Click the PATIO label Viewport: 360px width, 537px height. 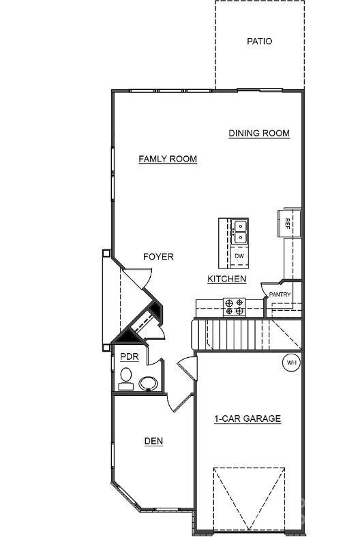259,42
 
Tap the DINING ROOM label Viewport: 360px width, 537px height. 259,134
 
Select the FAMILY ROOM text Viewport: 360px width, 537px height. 168,159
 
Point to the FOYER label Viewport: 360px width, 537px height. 158,257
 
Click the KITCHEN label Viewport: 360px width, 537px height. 227,279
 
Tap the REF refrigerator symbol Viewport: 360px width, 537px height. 287,223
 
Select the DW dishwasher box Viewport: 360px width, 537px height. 239,256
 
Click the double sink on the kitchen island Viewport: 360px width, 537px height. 239,232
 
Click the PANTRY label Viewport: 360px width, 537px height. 280,294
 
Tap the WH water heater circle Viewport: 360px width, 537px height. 292,363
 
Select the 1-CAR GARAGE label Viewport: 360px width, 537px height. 247,419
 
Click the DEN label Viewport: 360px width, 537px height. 153,441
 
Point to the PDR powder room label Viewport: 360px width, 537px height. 130,357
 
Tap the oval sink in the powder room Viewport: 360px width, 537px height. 149,384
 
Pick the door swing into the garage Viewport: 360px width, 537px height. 187,372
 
